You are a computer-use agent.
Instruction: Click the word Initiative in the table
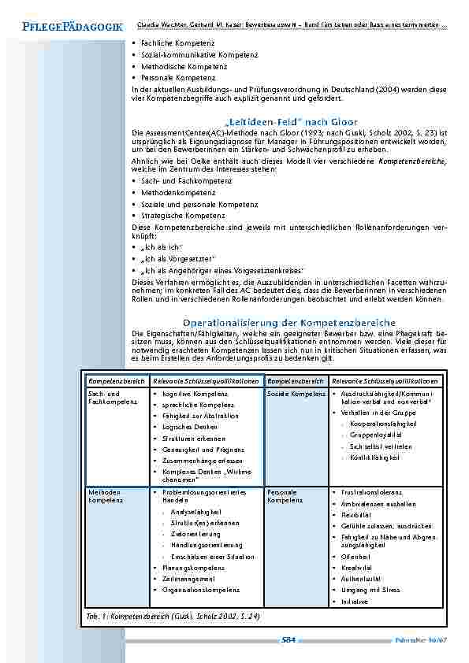coord(355,601)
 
